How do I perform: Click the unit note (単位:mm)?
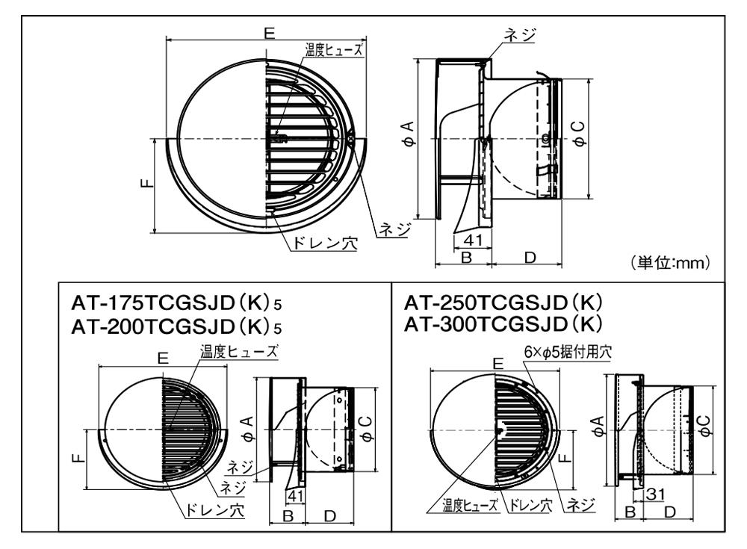click(670, 263)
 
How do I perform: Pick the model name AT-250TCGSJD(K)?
click(503, 303)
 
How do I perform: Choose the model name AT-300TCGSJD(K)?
click(503, 324)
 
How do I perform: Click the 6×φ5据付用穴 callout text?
click(568, 352)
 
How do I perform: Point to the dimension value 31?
click(654, 494)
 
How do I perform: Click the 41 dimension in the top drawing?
click(473, 240)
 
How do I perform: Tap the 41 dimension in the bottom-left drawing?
click(295, 496)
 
